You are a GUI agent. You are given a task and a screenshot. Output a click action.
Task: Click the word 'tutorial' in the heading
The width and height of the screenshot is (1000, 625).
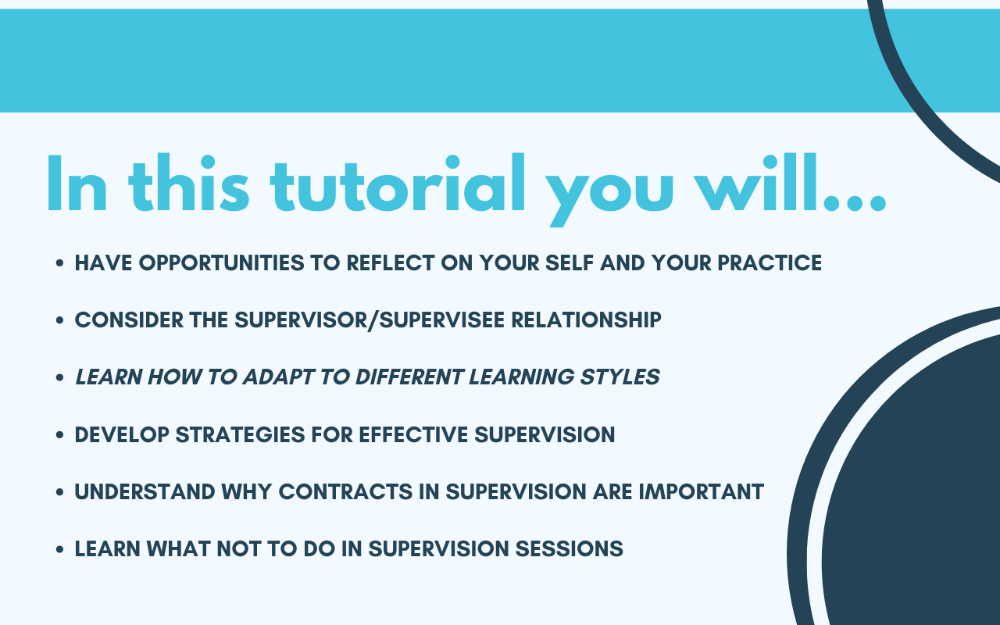(x=398, y=183)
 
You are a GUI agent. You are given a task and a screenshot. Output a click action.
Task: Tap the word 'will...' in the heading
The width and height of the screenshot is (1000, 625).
(x=791, y=183)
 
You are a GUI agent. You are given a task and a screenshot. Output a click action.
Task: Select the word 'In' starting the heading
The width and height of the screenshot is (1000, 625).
(x=77, y=183)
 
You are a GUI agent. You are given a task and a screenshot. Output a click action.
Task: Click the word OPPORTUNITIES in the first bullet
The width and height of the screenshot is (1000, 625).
(x=221, y=262)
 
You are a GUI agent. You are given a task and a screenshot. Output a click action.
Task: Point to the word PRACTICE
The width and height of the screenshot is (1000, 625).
(x=770, y=262)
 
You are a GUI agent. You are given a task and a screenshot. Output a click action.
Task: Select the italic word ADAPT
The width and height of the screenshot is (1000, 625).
(x=278, y=377)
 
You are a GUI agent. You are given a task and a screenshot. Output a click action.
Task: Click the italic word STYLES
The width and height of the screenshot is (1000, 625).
(x=620, y=377)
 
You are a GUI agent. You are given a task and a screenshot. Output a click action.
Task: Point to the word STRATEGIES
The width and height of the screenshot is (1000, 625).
(x=240, y=435)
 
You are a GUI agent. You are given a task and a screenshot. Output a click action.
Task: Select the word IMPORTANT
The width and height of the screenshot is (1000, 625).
(x=702, y=492)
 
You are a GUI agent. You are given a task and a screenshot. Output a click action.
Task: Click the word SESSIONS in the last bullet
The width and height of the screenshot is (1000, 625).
(x=570, y=549)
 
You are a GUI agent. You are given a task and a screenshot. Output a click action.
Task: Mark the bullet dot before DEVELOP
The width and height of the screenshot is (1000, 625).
(x=60, y=435)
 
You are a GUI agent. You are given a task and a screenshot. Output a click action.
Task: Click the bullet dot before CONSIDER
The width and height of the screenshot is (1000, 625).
(x=60, y=320)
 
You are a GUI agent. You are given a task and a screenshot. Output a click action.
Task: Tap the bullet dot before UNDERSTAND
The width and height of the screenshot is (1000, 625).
(x=60, y=492)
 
